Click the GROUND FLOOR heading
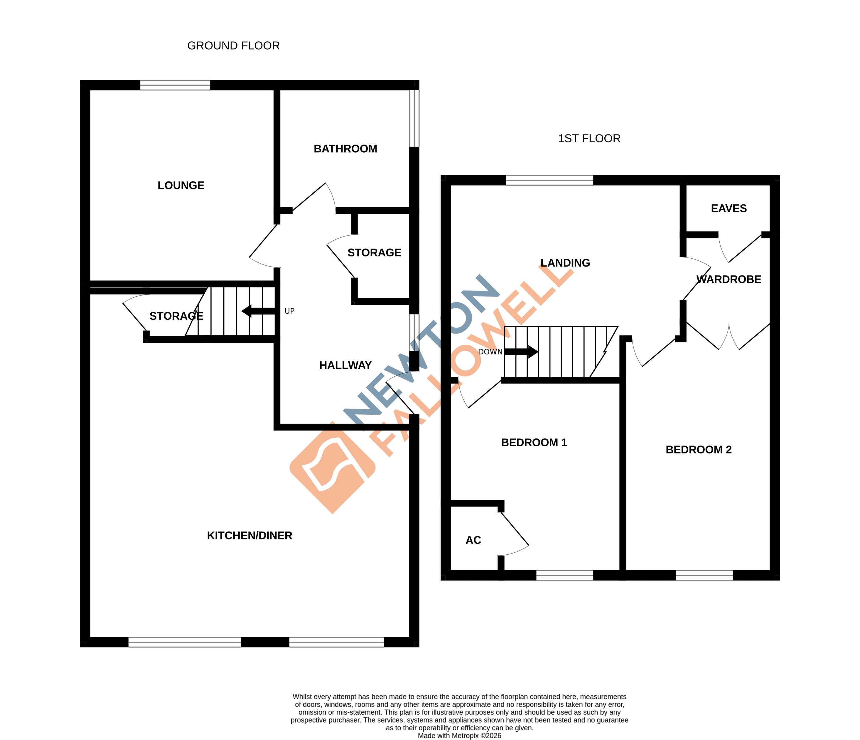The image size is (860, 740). click(233, 46)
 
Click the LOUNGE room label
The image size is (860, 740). click(181, 185)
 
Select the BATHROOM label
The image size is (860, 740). click(345, 149)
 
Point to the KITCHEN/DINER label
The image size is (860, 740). click(249, 535)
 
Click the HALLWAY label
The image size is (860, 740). click(345, 365)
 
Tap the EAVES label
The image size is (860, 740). click(729, 208)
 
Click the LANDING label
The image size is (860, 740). click(565, 263)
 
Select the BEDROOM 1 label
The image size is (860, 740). click(534, 442)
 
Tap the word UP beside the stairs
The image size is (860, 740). click(289, 311)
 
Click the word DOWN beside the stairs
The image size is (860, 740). click(490, 352)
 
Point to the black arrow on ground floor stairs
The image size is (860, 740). click(258, 311)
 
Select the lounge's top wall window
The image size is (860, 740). click(175, 85)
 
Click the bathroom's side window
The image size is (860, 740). click(414, 118)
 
